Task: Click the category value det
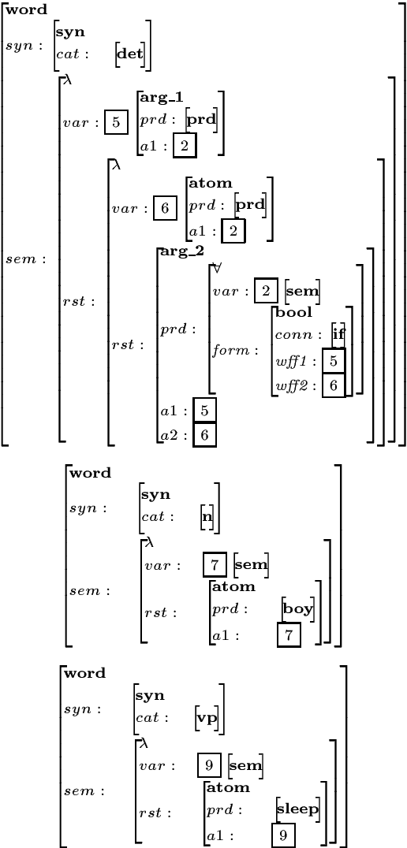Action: click(129, 54)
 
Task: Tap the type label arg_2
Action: click(181, 251)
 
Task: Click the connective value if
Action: click(338, 335)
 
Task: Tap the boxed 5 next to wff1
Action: click(334, 362)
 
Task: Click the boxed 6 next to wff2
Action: click(334, 385)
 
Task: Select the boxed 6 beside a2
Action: click(204, 433)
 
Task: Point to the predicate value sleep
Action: click(298, 809)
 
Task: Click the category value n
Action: click(208, 518)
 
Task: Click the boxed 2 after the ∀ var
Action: click(266, 292)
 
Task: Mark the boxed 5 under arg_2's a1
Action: click(204, 411)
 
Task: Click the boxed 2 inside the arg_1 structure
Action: click(185, 146)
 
